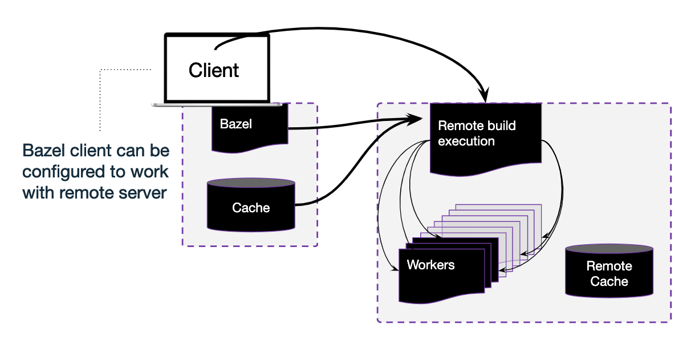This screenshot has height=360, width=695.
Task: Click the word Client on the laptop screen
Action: (214, 71)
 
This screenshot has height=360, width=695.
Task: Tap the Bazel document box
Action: (249, 128)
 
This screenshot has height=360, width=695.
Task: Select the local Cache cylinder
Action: (251, 208)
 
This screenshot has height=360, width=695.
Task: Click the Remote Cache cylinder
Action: (609, 273)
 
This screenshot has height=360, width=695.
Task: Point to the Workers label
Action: (430, 265)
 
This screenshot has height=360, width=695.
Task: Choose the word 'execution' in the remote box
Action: (466, 141)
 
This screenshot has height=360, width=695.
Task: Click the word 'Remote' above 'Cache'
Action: (609, 266)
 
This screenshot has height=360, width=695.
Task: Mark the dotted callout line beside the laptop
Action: (100, 97)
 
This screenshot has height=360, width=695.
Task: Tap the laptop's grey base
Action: (217, 105)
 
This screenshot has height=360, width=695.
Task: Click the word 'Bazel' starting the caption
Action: (43, 151)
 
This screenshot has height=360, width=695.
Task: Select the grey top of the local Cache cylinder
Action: (251, 183)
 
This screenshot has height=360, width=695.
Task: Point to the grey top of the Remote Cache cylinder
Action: (609, 249)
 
